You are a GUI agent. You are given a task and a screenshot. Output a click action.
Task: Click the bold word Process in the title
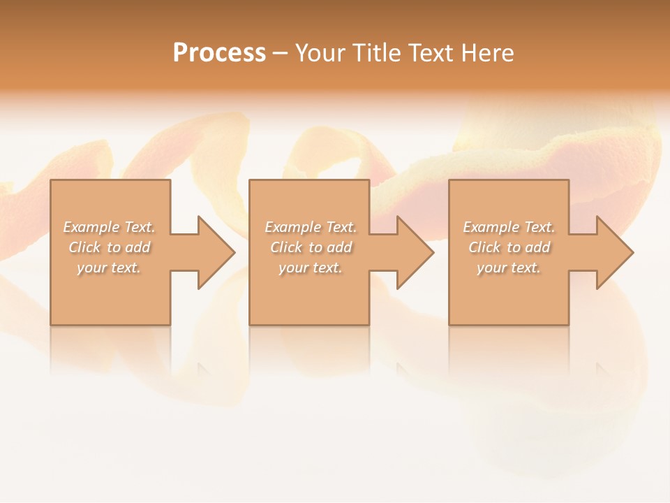pos(219,53)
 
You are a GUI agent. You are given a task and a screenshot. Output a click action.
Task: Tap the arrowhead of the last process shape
pos(613,252)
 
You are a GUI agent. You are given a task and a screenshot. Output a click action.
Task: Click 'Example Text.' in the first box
pos(109,227)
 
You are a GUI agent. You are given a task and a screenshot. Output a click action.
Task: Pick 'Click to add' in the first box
pos(109,247)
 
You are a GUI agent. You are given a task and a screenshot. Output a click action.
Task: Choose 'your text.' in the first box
pos(109,268)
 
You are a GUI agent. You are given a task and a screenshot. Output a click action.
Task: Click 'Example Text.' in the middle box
pos(310,227)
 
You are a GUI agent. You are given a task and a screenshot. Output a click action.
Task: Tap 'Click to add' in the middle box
pos(310,247)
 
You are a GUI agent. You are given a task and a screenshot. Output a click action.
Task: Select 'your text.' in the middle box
pos(310,268)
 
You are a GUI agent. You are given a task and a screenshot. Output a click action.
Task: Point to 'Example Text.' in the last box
pos(509,227)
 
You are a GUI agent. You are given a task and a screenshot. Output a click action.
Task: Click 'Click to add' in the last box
pos(509,247)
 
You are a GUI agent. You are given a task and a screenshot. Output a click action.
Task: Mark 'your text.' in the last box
pos(509,268)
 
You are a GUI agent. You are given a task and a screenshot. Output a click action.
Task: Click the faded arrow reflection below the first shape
pos(207,370)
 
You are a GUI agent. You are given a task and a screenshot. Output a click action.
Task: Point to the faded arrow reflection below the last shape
pos(604,370)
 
